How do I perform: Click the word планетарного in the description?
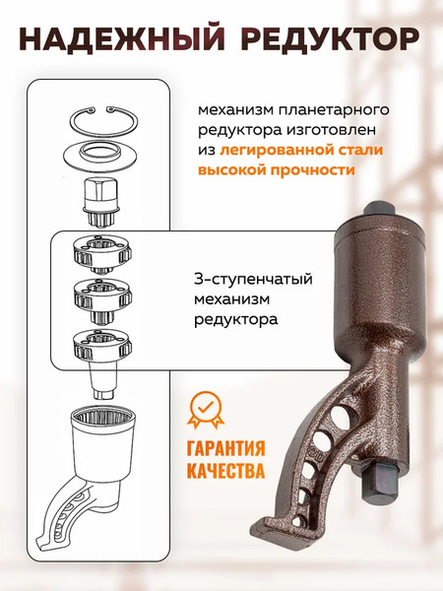pyautogui.click(x=324, y=106)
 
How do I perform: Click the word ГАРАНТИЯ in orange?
pyautogui.click(x=226, y=448)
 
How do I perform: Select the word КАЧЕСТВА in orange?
pyautogui.click(x=225, y=471)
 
